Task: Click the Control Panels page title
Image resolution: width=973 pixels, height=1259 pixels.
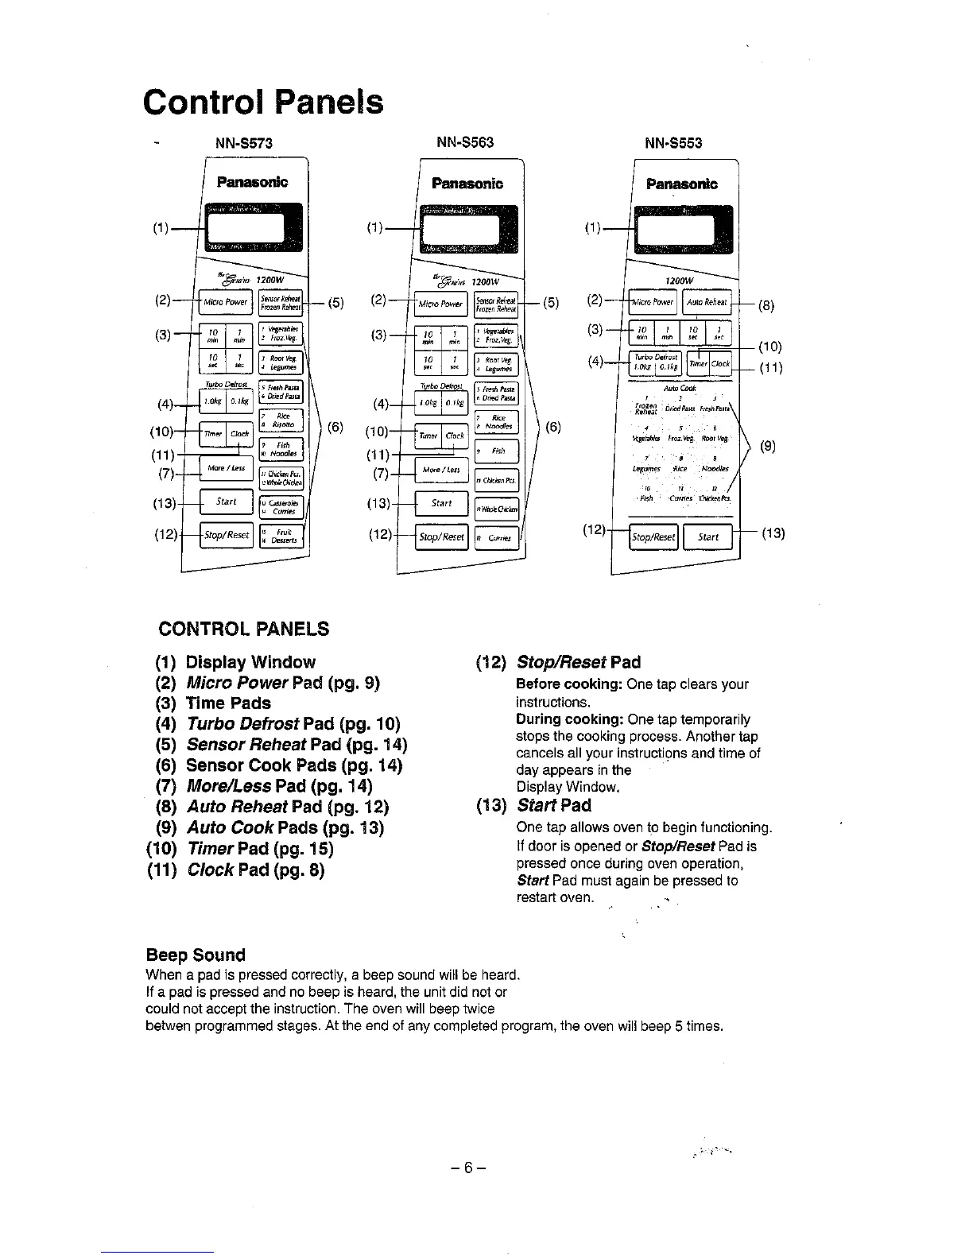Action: (x=263, y=103)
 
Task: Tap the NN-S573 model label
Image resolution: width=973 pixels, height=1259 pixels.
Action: (x=244, y=143)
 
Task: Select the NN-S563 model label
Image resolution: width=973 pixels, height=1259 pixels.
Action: (x=465, y=142)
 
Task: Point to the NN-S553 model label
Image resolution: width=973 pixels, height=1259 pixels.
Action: (x=674, y=143)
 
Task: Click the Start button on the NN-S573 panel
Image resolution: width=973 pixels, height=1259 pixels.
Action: (x=227, y=502)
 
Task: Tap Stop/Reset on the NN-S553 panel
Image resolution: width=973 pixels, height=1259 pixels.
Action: (x=653, y=537)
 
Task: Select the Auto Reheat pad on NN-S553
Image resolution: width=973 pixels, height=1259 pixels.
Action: (x=707, y=302)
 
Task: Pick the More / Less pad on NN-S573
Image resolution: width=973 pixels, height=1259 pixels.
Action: (x=226, y=468)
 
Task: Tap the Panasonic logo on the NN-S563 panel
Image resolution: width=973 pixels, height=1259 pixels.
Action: (x=467, y=184)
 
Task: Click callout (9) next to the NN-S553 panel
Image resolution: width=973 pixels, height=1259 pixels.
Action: (x=768, y=446)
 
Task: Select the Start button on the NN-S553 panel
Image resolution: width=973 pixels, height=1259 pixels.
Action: (x=708, y=537)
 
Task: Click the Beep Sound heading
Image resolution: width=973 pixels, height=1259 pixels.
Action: (x=196, y=955)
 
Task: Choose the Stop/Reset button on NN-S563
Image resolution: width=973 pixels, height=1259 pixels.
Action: (x=442, y=537)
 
